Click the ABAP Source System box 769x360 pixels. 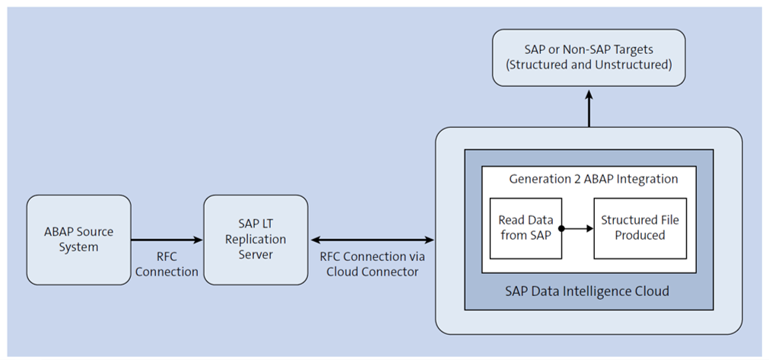[78, 239]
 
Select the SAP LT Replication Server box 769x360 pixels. [256, 239]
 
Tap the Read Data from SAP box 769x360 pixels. [525, 228]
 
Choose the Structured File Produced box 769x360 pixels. [640, 228]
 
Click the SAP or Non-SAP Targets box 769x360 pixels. [588, 57]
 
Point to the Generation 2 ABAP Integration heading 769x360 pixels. [593, 180]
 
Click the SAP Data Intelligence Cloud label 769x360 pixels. [589, 292]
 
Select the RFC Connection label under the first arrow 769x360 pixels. [167, 263]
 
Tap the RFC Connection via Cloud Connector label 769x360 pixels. [371, 263]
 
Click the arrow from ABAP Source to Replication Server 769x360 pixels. [167, 239]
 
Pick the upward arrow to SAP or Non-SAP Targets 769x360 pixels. [588, 107]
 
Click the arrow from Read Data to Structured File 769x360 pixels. [578, 228]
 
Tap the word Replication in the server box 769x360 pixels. [256, 239]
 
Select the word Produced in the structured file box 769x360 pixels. [640, 235]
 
